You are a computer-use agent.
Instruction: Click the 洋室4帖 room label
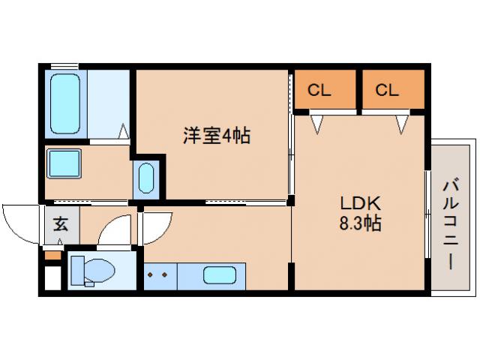pyautogui.click(x=217, y=136)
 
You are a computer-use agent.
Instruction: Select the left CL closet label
pyautogui.click(x=319, y=91)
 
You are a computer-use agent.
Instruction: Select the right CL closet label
pyautogui.click(x=387, y=91)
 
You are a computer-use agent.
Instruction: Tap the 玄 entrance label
pyautogui.click(x=59, y=223)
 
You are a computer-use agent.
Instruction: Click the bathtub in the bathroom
pyautogui.click(x=65, y=104)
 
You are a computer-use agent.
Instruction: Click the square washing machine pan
pyautogui.click(x=64, y=163)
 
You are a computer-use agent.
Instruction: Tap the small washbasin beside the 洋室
pyautogui.click(x=147, y=179)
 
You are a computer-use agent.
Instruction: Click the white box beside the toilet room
pyautogui.click(x=52, y=277)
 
